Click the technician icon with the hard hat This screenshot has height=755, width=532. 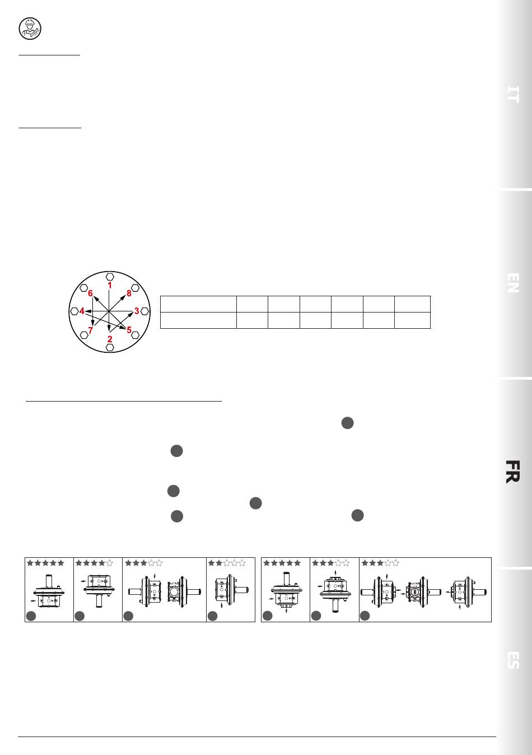pyautogui.click(x=30, y=29)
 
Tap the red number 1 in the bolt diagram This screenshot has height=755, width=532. pyautogui.click(x=110, y=285)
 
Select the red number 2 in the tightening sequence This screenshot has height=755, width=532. pyautogui.click(x=110, y=339)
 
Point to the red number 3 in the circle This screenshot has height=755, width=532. pyautogui.click(x=137, y=311)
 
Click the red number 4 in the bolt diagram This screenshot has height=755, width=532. pyautogui.click(x=82, y=311)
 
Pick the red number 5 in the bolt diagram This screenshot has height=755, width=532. pyautogui.click(x=129, y=330)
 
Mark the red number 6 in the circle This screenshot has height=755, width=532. pyautogui.click(x=90, y=293)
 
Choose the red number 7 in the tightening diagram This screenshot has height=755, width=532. pyautogui.click(x=90, y=330)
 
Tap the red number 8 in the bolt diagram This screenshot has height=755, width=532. pyautogui.click(x=129, y=293)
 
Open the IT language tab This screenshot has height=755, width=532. pyautogui.click(x=513, y=94)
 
